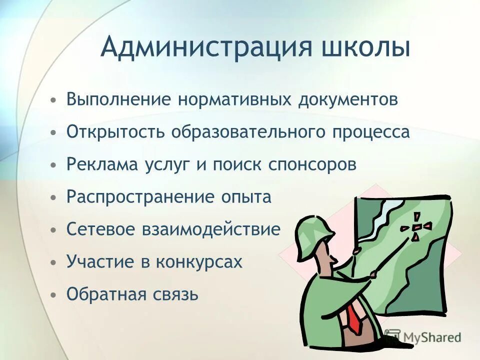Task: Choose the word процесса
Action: [x=370, y=132]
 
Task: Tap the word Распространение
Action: [x=140, y=197]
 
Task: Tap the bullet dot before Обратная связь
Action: [x=53, y=294]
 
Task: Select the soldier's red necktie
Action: [x=354, y=318]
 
